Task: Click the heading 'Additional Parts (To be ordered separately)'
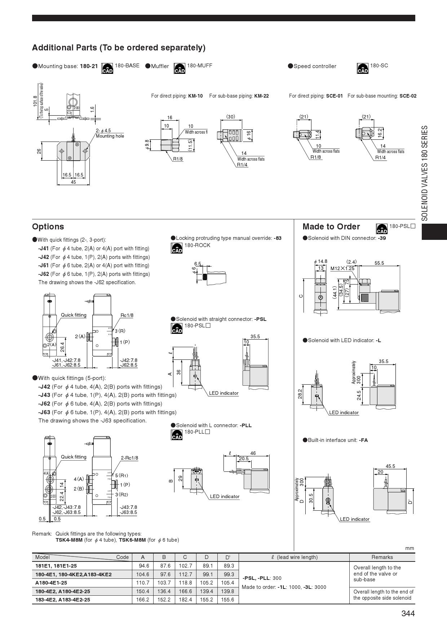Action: [x=119, y=48]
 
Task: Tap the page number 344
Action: [x=408, y=613]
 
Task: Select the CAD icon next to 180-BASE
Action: [x=107, y=68]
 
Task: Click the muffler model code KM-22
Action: [x=261, y=96]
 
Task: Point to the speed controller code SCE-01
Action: [x=334, y=96]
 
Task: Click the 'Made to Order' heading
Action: [x=331, y=227]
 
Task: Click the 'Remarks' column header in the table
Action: [x=382, y=557]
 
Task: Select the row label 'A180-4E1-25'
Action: [x=51, y=583]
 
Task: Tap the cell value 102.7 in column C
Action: [x=185, y=566]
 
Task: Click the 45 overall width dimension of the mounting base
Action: [x=73, y=182]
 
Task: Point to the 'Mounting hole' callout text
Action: [x=110, y=136]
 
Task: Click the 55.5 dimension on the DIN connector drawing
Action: [x=379, y=263]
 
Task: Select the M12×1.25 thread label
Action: [x=342, y=268]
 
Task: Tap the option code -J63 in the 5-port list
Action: [x=44, y=412]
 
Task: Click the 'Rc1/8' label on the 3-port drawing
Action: [x=127, y=315]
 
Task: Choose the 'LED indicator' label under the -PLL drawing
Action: [x=225, y=497]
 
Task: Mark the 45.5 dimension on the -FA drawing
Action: [x=390, y=466]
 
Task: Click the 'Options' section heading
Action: [x=48, y=227]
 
